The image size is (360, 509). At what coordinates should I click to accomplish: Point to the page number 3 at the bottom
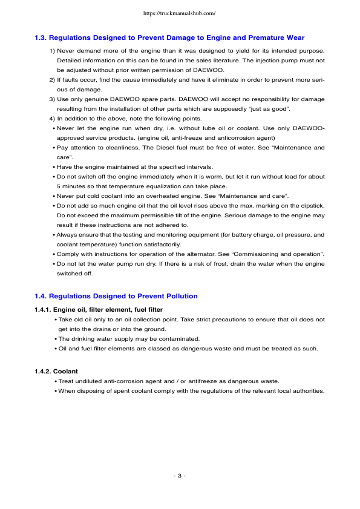click(x=179, y=476)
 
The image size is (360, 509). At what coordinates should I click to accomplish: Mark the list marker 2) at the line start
click(x=51, y=79)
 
